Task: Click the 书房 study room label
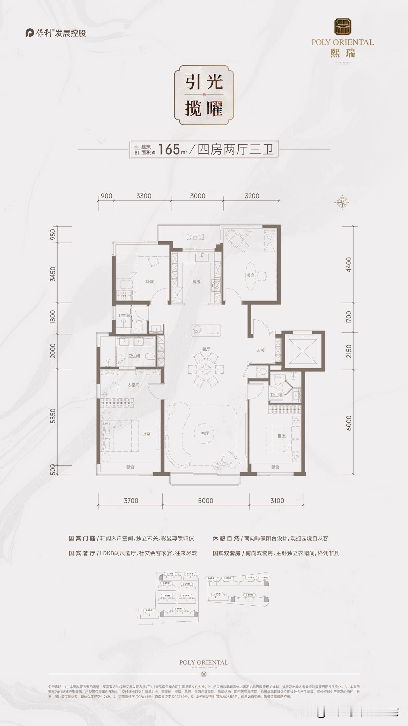[250, 275]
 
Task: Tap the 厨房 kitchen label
[196, 282]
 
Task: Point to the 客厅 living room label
[205, 433]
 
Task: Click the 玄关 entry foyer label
[261, 350]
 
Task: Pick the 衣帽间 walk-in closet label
[133, 385]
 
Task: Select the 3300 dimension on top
[144, 196]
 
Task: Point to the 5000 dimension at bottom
[205, 500]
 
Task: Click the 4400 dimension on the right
[348, 264]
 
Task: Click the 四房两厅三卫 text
[236, 149]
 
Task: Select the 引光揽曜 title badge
[204, 95]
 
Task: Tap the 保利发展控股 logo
[56, 33]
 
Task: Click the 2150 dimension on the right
[348, 351]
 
